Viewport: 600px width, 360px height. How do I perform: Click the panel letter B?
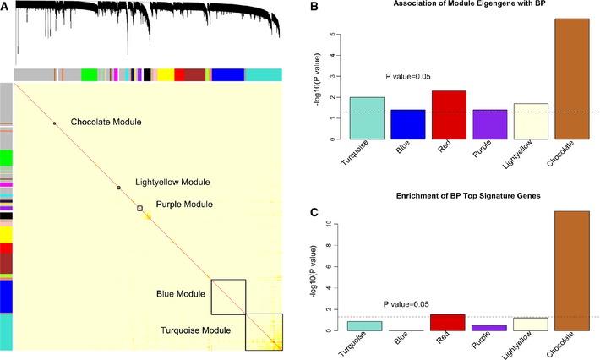[314, 8]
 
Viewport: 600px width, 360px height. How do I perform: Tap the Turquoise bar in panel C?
[368, 325]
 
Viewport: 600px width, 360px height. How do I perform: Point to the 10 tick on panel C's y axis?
[335, 225]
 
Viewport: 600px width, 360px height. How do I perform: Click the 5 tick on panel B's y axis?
[335, 36]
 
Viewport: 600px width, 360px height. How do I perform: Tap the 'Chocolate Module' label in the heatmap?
[106, 123]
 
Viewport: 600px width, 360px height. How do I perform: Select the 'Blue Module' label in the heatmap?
[180, 293]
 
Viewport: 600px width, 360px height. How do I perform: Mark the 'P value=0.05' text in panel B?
[408, 77]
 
